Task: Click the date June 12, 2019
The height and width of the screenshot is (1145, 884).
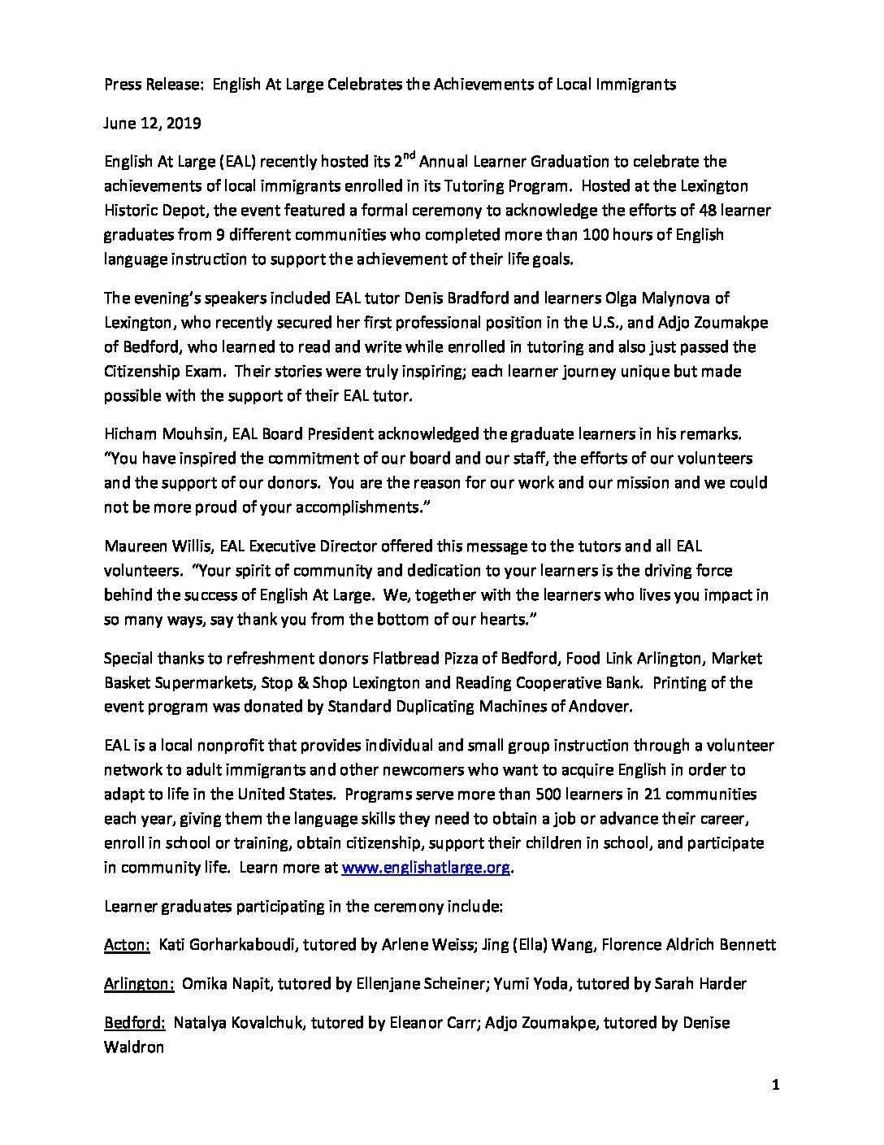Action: (153, 124)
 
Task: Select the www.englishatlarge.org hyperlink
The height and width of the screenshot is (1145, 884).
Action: (426, 867)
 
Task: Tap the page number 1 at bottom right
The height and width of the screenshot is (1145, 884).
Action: (776, 1085)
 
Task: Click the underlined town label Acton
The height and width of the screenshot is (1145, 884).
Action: (127, 945)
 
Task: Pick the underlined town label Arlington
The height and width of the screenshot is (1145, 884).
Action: (139, 984)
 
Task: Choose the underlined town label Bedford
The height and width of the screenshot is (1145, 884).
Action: (135, 1023)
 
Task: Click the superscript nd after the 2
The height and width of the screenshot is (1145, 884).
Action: (409, 155)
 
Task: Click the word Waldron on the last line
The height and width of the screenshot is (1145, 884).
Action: (134, 1047)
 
